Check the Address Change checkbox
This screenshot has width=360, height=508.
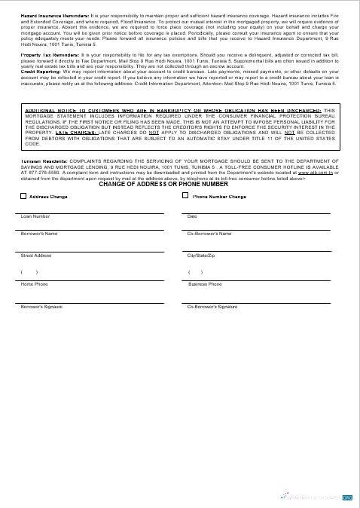coord(23,196)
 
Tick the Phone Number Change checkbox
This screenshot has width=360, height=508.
coord(186,196)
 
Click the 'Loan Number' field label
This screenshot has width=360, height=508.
coord(35,216)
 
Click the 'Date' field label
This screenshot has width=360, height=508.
coord(192,216)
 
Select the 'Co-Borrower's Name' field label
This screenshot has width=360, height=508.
coord(209,234)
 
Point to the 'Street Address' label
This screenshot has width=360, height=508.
coord(36,256)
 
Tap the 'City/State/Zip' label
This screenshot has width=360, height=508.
coord(201,256)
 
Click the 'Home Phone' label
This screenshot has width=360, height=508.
coord(35,284)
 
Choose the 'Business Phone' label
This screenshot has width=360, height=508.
coord(205,284)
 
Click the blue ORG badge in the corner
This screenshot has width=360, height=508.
coord(348,497)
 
